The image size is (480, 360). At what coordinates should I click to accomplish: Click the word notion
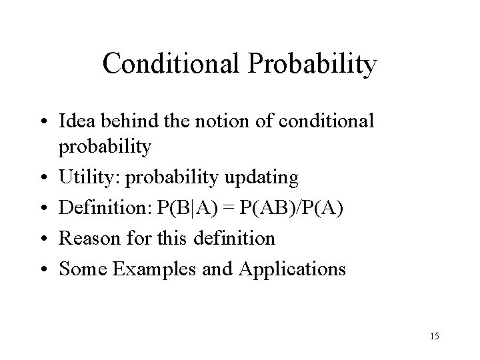click(x=211, y=122)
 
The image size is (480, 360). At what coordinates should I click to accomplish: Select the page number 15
click(x=433, y=335)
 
